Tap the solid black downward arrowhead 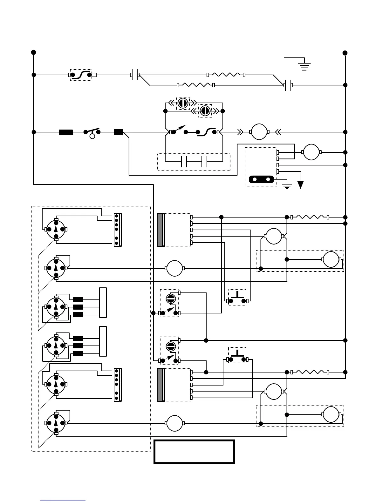point(300,185)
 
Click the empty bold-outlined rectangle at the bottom point(194,452)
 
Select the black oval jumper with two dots point(261,180)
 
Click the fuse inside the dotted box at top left point(81,75)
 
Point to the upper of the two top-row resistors point(226,75)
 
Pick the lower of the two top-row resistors point(195,85)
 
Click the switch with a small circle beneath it point(92,133)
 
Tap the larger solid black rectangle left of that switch point(66,132)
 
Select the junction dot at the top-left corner point(33,52)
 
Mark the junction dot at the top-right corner point(345,53)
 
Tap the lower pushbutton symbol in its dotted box point(237,356)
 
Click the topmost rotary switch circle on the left point(56,229)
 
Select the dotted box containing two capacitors point(194,162)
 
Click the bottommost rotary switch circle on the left point(56,423)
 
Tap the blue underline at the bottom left point(63,500)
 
